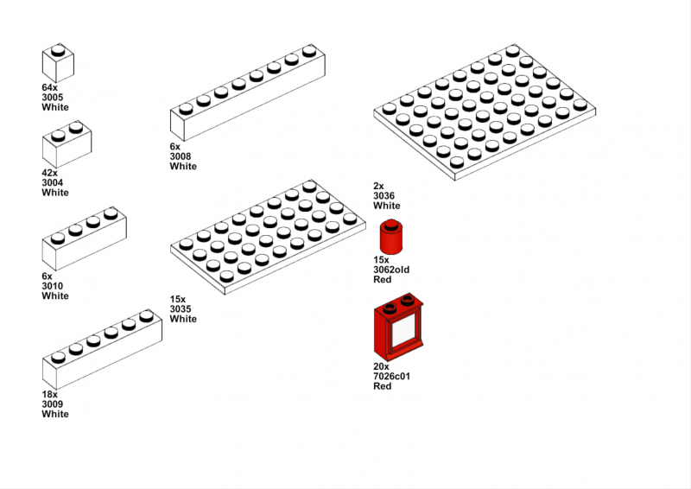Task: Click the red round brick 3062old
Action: (392, 237)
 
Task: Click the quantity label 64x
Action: (49, 88)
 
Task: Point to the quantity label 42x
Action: (49, 173)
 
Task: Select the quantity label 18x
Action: (49, 394)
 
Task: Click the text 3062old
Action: (391, 270)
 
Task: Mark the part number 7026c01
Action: (391, 377)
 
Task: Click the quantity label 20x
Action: (381, 366)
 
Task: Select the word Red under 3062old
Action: (382, 280)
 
